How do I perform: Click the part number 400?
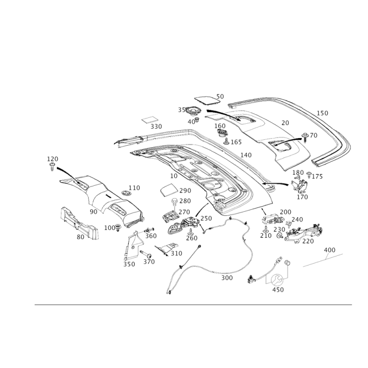click(x=329, y=250)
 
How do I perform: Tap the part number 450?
click(x=278, y=290)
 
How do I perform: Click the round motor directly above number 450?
click(x=278, y=280)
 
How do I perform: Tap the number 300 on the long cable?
click(x=226, y=278)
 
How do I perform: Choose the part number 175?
click(x=317, y=176)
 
